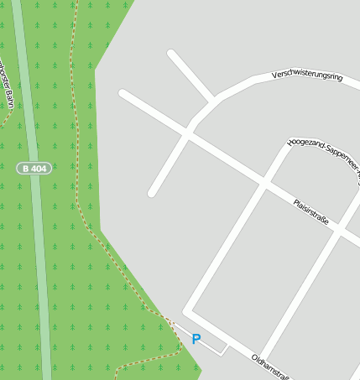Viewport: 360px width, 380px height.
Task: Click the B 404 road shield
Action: tap(34, 169)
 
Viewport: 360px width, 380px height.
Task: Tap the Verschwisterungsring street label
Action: tap(308, 76)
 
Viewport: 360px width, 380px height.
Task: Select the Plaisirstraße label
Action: tap(310, 212)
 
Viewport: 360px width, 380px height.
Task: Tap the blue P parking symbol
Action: tap(196, 339)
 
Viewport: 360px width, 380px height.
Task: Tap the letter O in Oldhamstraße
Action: tap(254, 357)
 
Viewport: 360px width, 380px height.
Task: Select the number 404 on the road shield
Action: tap(39, 169)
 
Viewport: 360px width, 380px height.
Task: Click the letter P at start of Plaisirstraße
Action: tap(295, 202)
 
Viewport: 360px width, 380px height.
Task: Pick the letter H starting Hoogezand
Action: tap(290, 143)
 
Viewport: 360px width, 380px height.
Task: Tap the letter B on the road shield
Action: tap(26, 169)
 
